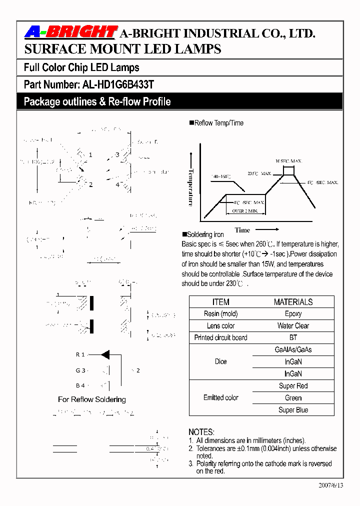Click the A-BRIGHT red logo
[x=70, y=32]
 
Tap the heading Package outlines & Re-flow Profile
[x=97, y=102]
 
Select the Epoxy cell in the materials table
[x=293, y=313]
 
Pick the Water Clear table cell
[x=293, y=325]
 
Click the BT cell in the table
[x=293, y=337]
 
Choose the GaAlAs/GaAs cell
[x=293, y=349]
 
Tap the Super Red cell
[x=293, y=386]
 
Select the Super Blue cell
[x=293, y=410]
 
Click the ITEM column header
[x=220, y=302]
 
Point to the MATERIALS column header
[x=293, y=302]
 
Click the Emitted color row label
[x=220, y=398]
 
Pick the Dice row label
[x=220, y=361]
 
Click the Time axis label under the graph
[x=242, y=230]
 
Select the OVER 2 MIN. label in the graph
[x=245, y=211]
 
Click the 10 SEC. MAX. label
[x=286, y=161]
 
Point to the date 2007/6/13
[x=330, y=485]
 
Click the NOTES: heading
[x=201, y=432]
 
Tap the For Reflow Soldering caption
[x=92, y=399]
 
